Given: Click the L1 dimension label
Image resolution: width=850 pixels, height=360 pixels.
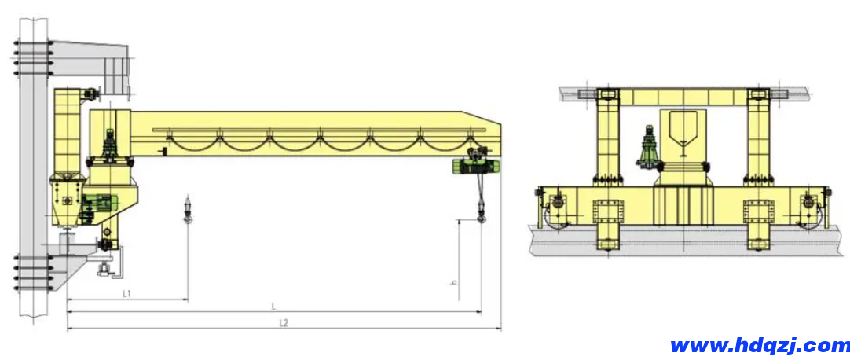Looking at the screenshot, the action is click(x=127, y=294).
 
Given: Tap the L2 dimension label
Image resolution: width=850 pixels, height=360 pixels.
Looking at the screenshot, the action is click(x=284, y=323).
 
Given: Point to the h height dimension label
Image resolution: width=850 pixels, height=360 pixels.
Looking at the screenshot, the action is click(x=453, y=282).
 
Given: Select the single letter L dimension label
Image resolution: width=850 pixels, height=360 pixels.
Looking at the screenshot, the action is click(x=274, y=307).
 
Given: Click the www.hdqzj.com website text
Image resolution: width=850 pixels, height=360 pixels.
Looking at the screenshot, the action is click(x=760, y=345).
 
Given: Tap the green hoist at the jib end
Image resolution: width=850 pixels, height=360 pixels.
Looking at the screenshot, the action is click(x=477, y=163).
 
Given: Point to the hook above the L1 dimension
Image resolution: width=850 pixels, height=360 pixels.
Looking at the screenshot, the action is click(x=188, y=211).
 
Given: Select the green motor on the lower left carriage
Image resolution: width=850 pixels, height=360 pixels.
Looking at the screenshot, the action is click(x=101, y=201).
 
